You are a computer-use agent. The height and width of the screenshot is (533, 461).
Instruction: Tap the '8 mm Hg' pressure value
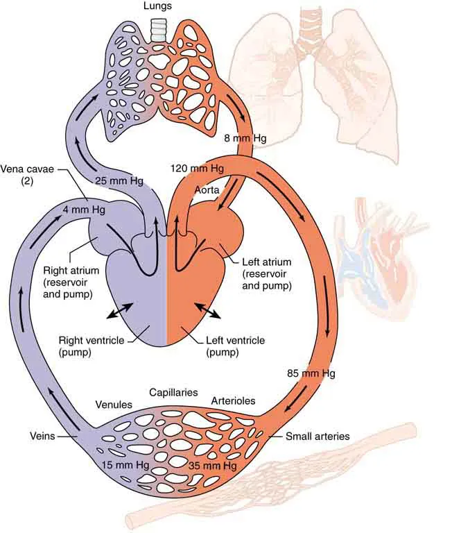[x=245, y=138]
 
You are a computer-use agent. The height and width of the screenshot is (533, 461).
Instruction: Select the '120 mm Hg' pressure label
[x=197, y=169]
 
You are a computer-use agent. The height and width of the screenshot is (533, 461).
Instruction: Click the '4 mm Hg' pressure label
[x=79, y=208]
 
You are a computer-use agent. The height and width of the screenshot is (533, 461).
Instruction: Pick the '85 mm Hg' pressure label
[x=311, y=374]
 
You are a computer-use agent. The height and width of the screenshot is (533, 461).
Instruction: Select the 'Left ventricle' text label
[x=237, y=341]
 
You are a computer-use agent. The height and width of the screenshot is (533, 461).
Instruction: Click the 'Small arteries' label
[x=318, y=437]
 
